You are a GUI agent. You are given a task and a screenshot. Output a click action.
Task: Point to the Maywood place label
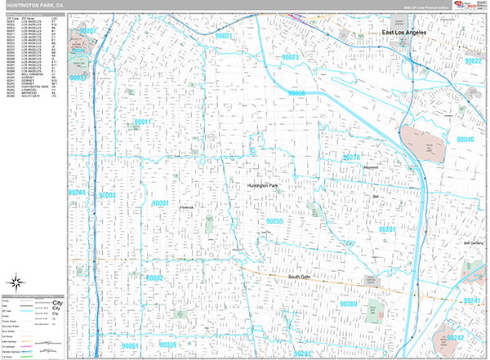[x=372, y=167]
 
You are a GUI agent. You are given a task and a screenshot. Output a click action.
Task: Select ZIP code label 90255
[x=274, y=221]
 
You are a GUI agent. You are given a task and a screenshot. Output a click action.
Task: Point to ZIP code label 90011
[x=143, y=122]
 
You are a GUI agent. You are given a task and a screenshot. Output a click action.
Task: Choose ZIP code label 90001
[x=159, y=203]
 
